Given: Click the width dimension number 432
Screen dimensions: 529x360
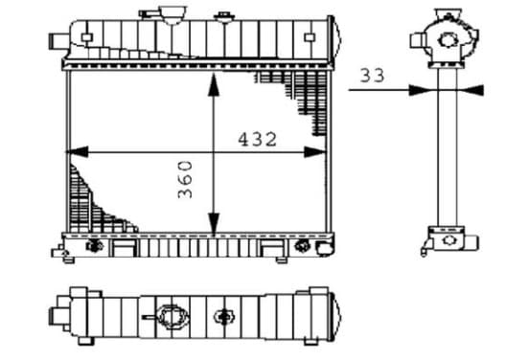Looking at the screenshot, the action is [x=258, y=139].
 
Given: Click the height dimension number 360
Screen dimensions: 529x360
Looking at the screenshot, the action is [x=185, y=180].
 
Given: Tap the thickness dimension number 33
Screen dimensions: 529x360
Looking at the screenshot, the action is [x=372, y=76].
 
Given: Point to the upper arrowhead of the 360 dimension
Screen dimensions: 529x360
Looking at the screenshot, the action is [x=214, y=84].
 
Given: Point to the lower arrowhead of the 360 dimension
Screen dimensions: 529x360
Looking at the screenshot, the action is [x=214, y=224].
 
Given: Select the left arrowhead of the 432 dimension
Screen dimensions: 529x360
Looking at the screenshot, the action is [x=78, y=152].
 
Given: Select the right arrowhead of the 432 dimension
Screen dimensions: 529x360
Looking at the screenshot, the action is [x=315, y=152].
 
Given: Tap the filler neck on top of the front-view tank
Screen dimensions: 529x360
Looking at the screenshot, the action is [x=172, y=15].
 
